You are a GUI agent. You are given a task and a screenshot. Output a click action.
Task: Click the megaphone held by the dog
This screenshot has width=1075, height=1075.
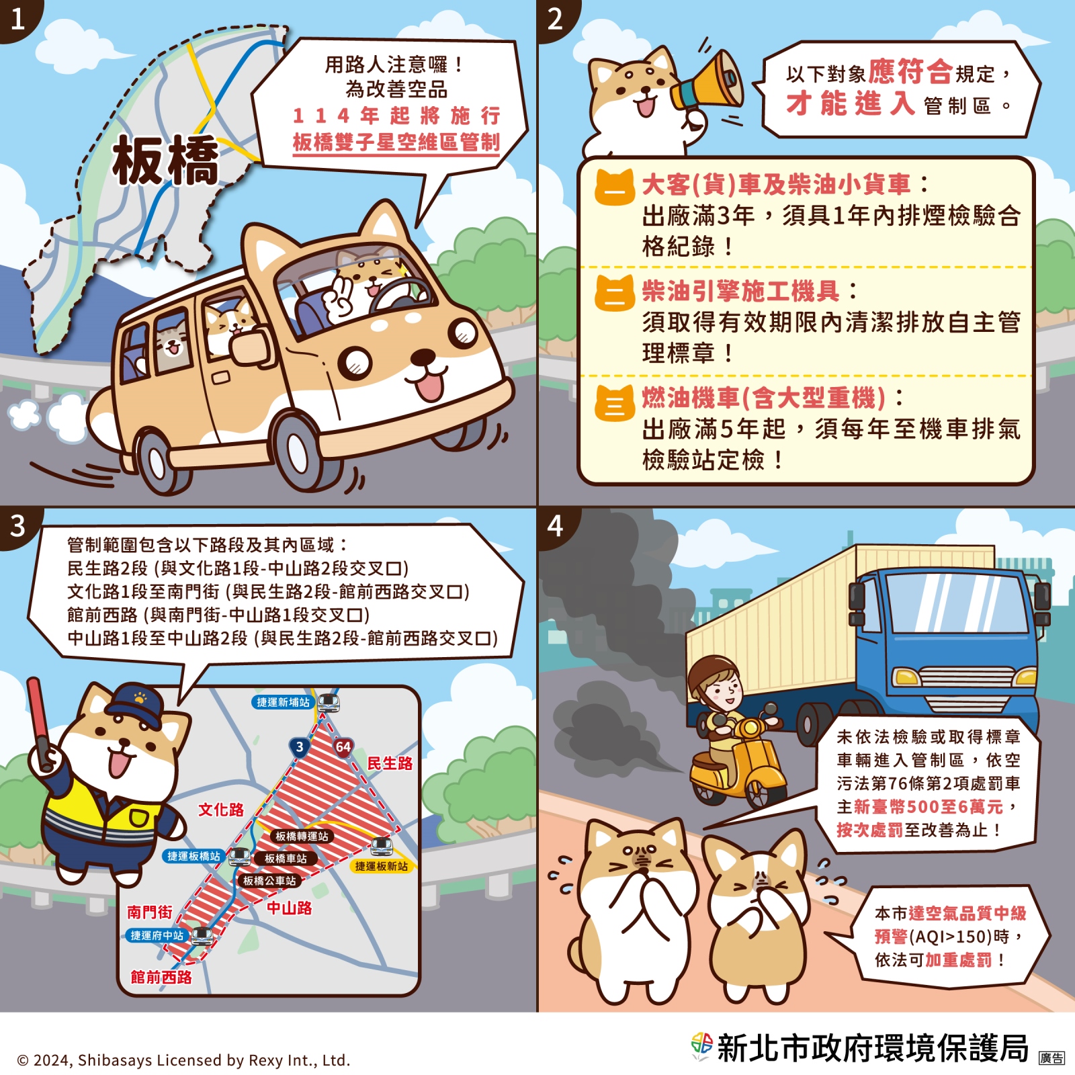709,82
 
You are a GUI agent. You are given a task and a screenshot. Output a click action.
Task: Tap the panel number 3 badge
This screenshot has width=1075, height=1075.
18,525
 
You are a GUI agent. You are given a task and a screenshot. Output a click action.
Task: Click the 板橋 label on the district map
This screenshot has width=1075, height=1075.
165,160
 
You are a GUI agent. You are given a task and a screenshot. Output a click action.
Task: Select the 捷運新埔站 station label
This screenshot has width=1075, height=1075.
283,702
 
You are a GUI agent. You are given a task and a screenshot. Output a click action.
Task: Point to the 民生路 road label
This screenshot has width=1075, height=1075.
390,763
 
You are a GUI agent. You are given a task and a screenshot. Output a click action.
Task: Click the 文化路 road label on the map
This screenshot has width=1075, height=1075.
220,810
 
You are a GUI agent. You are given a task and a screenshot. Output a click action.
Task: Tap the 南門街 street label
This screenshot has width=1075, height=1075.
150,912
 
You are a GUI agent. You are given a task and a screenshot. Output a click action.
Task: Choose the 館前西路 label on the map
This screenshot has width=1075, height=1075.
161,977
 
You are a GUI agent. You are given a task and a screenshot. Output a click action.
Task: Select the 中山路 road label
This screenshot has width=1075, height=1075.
290,908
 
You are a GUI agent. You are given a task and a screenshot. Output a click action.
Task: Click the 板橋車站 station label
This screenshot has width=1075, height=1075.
286,859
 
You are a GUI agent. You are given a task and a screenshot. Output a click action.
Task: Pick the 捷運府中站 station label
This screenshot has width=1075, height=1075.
157,935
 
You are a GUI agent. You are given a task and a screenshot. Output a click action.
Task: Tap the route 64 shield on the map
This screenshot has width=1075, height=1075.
343,747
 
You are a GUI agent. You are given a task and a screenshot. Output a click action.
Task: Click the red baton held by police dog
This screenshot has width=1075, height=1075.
40,722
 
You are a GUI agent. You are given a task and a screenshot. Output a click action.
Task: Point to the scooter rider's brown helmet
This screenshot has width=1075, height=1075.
712,672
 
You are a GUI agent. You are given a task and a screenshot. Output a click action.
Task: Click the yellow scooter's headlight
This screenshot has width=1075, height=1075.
750,728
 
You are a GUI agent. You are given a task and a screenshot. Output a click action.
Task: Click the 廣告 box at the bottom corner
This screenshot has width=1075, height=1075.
1051,1058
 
